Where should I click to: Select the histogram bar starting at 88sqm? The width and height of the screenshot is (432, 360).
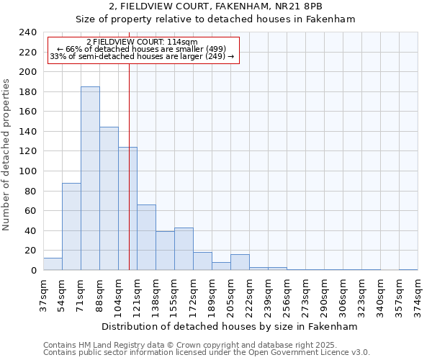coord(109,199)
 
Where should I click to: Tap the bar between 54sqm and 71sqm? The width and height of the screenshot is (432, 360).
coord(71,227)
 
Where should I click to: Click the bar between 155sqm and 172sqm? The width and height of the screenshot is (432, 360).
coord(184,249)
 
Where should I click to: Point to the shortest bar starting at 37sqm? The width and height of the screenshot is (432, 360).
coord(53,264)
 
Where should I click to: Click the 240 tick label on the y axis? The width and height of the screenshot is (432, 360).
coord(27,32)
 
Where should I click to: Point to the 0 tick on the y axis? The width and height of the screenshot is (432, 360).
coord(33,271)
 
